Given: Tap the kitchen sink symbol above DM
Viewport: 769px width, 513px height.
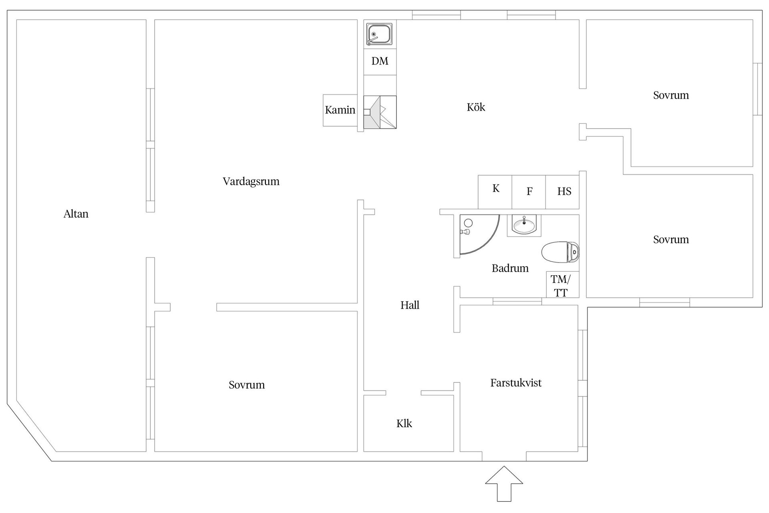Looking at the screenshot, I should [379, 34].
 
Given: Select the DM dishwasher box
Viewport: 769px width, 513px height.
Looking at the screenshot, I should [380, 61].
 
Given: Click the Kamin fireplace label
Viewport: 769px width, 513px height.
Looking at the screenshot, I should [340, 110].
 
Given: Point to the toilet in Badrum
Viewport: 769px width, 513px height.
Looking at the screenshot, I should [560, 252].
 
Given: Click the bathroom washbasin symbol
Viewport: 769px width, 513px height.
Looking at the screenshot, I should [524, 225].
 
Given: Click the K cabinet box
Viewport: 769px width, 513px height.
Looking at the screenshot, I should [495, 192].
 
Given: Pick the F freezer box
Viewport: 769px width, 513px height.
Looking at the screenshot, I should [529, 192].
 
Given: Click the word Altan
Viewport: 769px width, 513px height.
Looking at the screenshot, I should [76, 214].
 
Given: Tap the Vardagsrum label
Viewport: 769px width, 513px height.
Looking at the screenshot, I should [251, 182].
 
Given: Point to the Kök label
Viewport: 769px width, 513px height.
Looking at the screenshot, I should [476, 107].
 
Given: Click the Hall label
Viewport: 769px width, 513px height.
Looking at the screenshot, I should [410, 305].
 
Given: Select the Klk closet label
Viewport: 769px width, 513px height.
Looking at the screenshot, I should [404, 424].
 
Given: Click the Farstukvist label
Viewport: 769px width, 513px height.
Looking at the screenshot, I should [516, 383].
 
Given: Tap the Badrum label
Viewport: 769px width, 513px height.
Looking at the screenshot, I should [510, 268].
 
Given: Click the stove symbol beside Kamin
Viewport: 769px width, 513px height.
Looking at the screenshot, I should [380, 112].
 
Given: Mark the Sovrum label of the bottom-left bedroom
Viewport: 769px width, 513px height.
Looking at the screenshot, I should [247, 385].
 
